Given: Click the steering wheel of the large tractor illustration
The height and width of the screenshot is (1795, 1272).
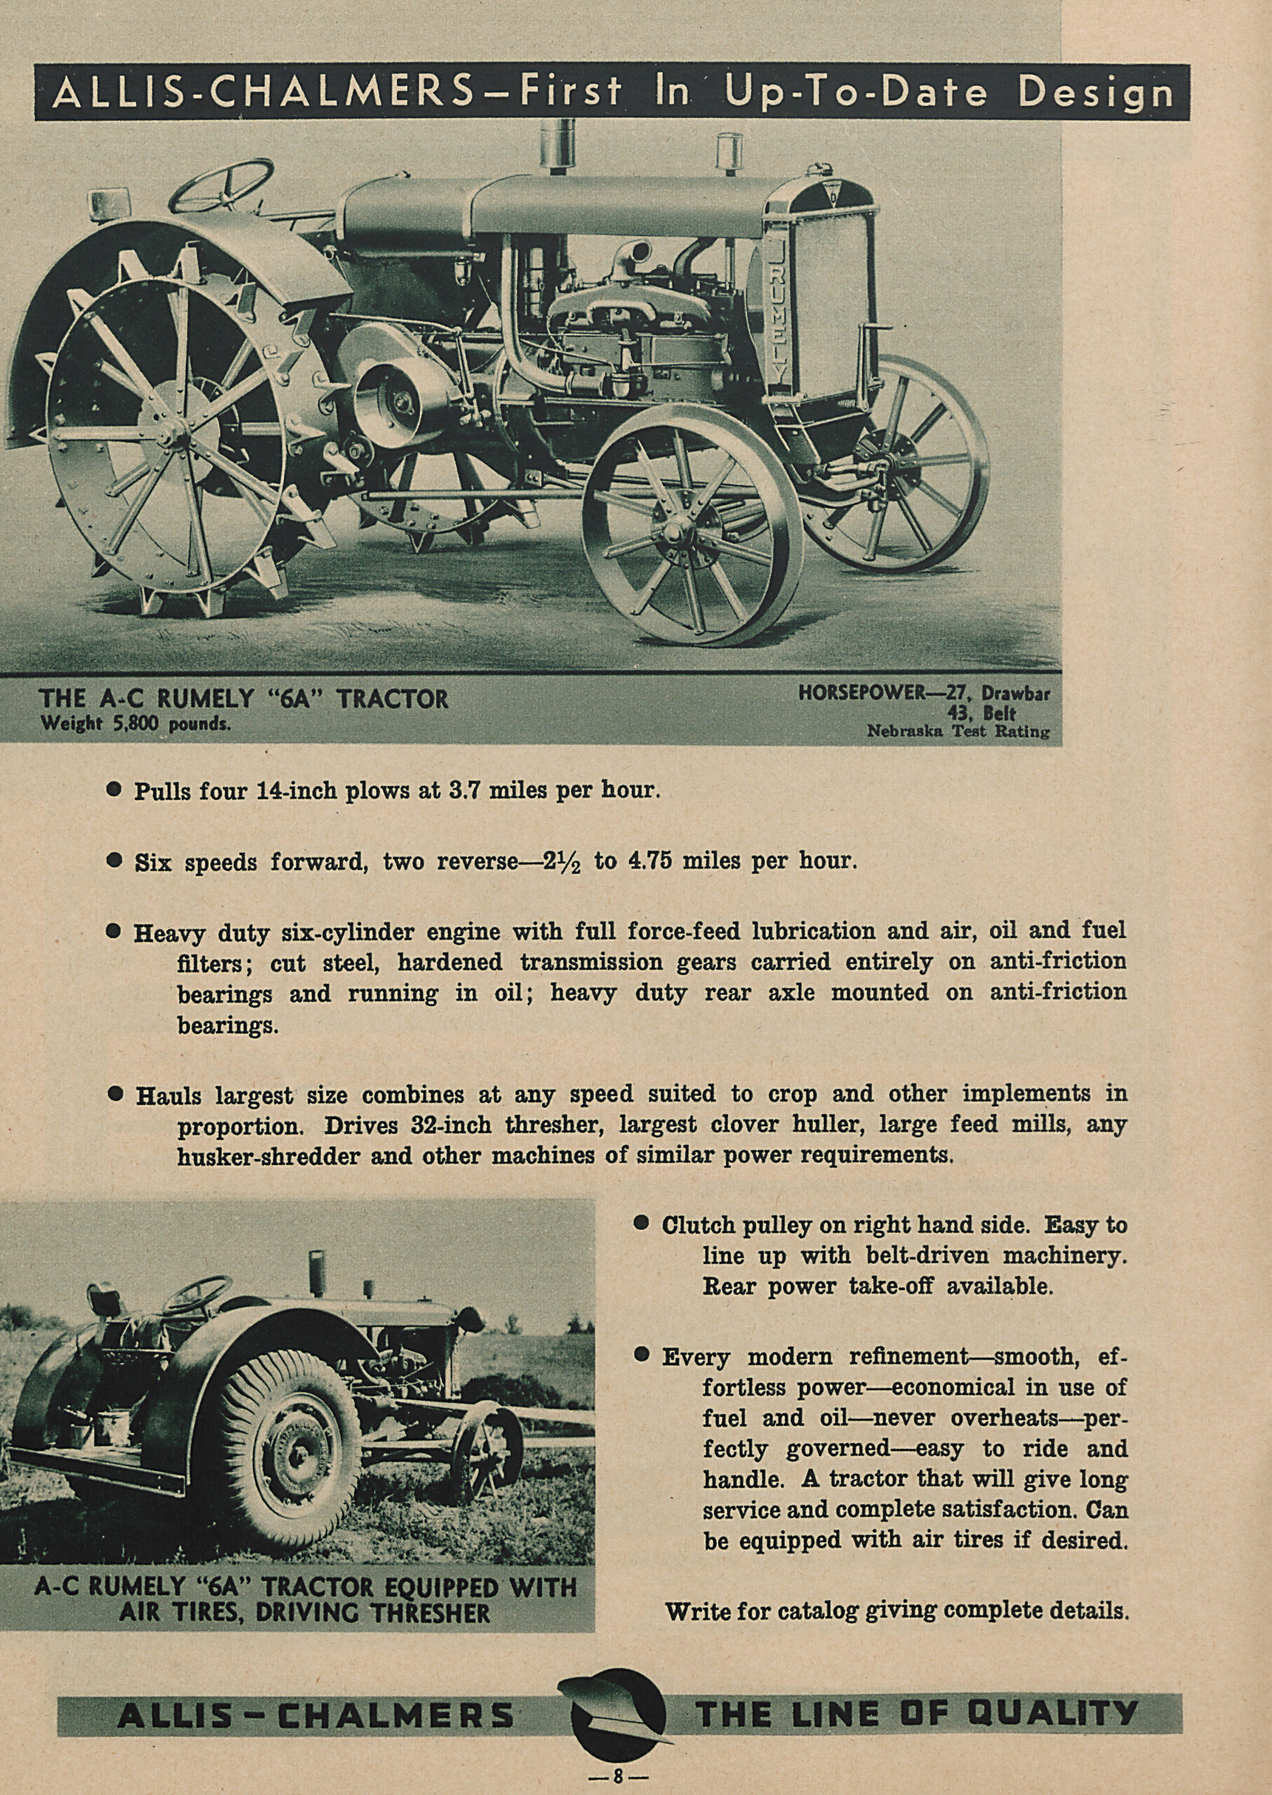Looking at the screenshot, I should point(221,186).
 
